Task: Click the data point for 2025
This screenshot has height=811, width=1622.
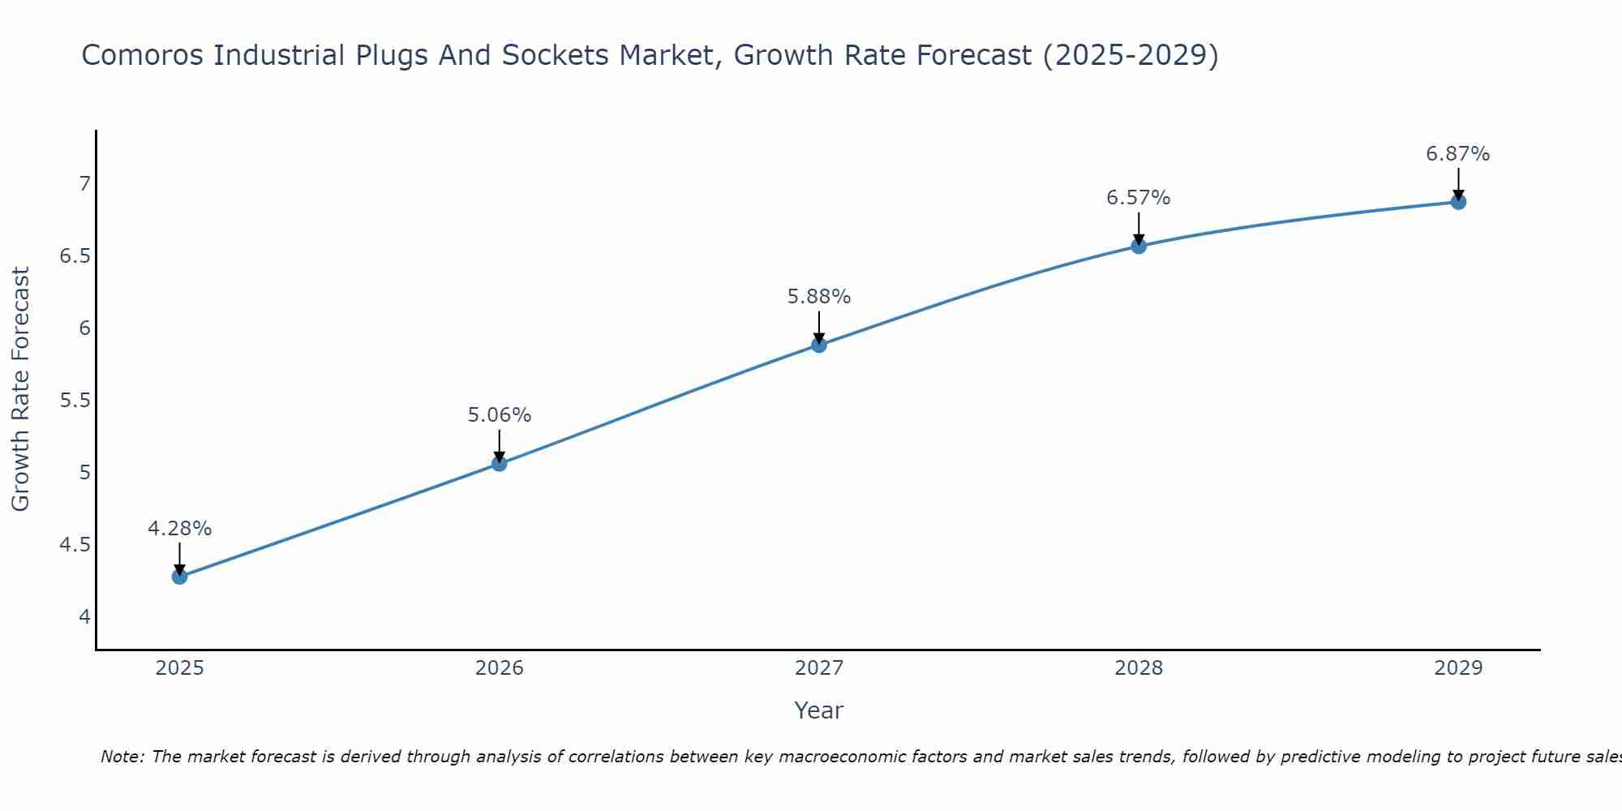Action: click(179, 577)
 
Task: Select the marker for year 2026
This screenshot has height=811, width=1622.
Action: click(499, 464)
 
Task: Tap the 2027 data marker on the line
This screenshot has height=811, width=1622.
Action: click(819, 345)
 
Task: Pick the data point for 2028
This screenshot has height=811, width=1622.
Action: click(1139, 246)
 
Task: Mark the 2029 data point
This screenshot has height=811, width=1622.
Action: click(1458, 202)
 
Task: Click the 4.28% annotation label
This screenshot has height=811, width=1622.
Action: click(179, 529)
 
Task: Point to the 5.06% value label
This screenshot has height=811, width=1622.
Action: click(499, 415)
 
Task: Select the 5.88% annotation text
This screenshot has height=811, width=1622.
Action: click(819, 297)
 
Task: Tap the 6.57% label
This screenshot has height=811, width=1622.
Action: click(1139, 198)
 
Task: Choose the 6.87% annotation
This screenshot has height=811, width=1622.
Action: click(1458, 154)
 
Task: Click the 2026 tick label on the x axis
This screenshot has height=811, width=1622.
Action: click(499, 668)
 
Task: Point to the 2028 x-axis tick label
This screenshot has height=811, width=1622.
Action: click(1139, 668)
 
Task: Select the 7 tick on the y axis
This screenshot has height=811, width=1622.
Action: click(84, 184)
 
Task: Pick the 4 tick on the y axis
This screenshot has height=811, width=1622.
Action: click(84, 617)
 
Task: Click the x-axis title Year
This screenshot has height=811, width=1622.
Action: click(819, 710)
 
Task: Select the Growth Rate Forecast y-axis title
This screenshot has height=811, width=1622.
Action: click(20, 389)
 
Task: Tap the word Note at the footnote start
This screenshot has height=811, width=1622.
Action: click(122, 757)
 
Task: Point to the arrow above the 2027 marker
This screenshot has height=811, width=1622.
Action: click(819, 326)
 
